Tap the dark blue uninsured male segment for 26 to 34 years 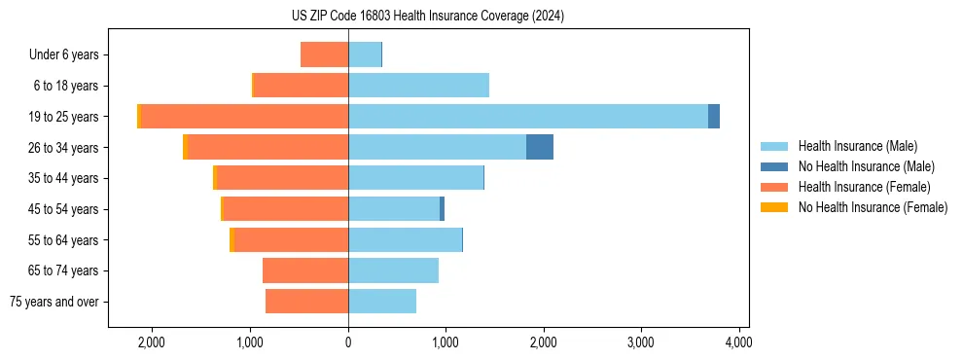[x=540, y=147]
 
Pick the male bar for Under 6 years [x=365, y=54]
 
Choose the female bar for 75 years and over [x=306, y=302]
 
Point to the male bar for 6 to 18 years [x=418, y=86]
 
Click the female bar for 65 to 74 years [x=305, y=270]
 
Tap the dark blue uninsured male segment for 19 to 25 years [x=714, y=116]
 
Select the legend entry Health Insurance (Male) [x=857, y=146]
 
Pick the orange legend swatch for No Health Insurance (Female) [x=774, y=207]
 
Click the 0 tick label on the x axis [x=348, y=342]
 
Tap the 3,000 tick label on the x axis [x=641, y=342]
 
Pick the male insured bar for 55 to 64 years [x=405, y=239]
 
